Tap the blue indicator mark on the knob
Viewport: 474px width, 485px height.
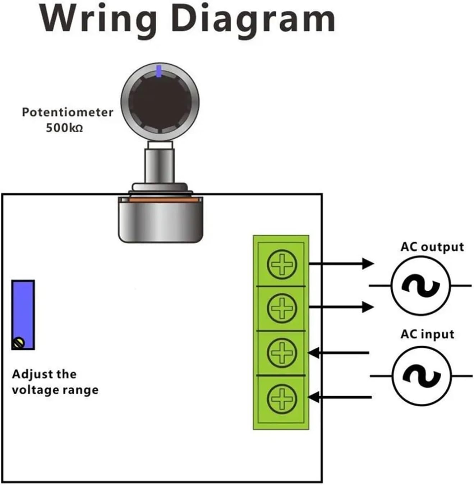pyautogui.click(x=159, y=71)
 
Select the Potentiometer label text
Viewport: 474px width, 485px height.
pyautogui.click(x=68, y=112)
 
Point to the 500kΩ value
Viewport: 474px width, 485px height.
pyautogui.click(x=64, y=128)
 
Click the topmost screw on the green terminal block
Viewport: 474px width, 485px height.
pyautogui.click(x=282, y=264)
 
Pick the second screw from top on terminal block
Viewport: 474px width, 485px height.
pyautogui.click(x=282, y=308)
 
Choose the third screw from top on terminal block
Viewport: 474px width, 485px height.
pyautogui.click(x=282, y=352)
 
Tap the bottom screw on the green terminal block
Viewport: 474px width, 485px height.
pyautogui.click(x=282, y=398)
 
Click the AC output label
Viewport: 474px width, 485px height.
pyautogui.click(x=432, y=247)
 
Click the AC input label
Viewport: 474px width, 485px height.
pyautogui.click(x=427, y=334)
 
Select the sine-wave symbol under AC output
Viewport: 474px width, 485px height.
pyautogui.click(x=420, y=286)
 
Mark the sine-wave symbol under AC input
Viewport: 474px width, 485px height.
pyautogui.click(x=421, y=376)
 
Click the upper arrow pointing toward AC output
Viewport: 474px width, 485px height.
pyautogui.click(x=341, y=264)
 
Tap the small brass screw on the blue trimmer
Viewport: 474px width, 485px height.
pyautogui.click(x=18, y=343)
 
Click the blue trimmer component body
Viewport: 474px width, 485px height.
pyautogui.click(x=23, y=309)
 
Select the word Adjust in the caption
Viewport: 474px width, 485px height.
pyautogui.click(x=29, y=374)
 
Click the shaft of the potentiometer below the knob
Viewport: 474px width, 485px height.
pyautogui.click(x=159, y=165)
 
